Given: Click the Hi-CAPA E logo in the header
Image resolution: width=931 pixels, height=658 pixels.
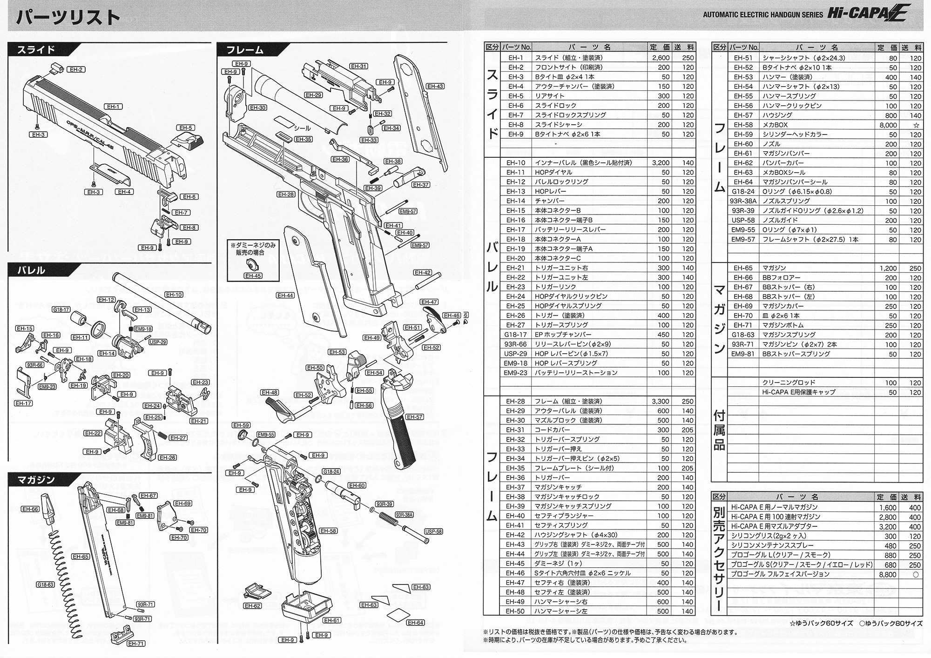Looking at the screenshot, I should [x=866, y=13].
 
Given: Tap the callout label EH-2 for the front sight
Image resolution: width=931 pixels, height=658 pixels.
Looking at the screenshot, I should [x=76, y=70].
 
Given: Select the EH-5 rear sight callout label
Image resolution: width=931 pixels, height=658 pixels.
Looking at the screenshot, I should [x=185, y=128].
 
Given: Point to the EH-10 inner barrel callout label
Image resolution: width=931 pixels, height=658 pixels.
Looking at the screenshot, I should [x=174, y=295].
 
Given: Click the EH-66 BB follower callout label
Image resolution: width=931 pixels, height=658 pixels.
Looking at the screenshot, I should [x=30, y=509].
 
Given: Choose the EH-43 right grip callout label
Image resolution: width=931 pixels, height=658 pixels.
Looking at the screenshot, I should [x=435, y=87].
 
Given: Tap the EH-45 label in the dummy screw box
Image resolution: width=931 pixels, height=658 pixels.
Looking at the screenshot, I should [x=253, y=276].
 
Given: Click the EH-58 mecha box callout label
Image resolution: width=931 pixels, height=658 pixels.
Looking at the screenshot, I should [x=328, y=531].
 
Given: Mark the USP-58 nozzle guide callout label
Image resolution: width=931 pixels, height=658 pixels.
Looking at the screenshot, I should [x=433, y=532].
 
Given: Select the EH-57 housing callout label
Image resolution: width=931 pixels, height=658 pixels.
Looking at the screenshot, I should [x=414, y=417].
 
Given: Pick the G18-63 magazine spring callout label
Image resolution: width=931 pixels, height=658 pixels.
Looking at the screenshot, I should [x=46, y=585].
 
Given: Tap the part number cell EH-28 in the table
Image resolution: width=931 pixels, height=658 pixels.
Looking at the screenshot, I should [x=515, y=401].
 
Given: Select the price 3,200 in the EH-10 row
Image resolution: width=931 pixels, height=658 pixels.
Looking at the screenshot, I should [x=661, y=163].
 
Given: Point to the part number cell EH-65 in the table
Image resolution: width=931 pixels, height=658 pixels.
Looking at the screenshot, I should [x=743, y=268].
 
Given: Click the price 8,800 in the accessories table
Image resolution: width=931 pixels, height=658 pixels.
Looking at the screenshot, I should [x=887, y=575].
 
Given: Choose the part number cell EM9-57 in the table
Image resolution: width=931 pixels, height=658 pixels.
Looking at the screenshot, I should [x=743, y=240].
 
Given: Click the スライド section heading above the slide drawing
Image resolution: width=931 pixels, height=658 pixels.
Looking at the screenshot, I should [x=36, y=50].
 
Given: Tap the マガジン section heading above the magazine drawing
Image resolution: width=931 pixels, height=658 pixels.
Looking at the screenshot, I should [x=36, y=480].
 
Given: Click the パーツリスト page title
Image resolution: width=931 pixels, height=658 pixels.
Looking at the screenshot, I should [x=68, y=17].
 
